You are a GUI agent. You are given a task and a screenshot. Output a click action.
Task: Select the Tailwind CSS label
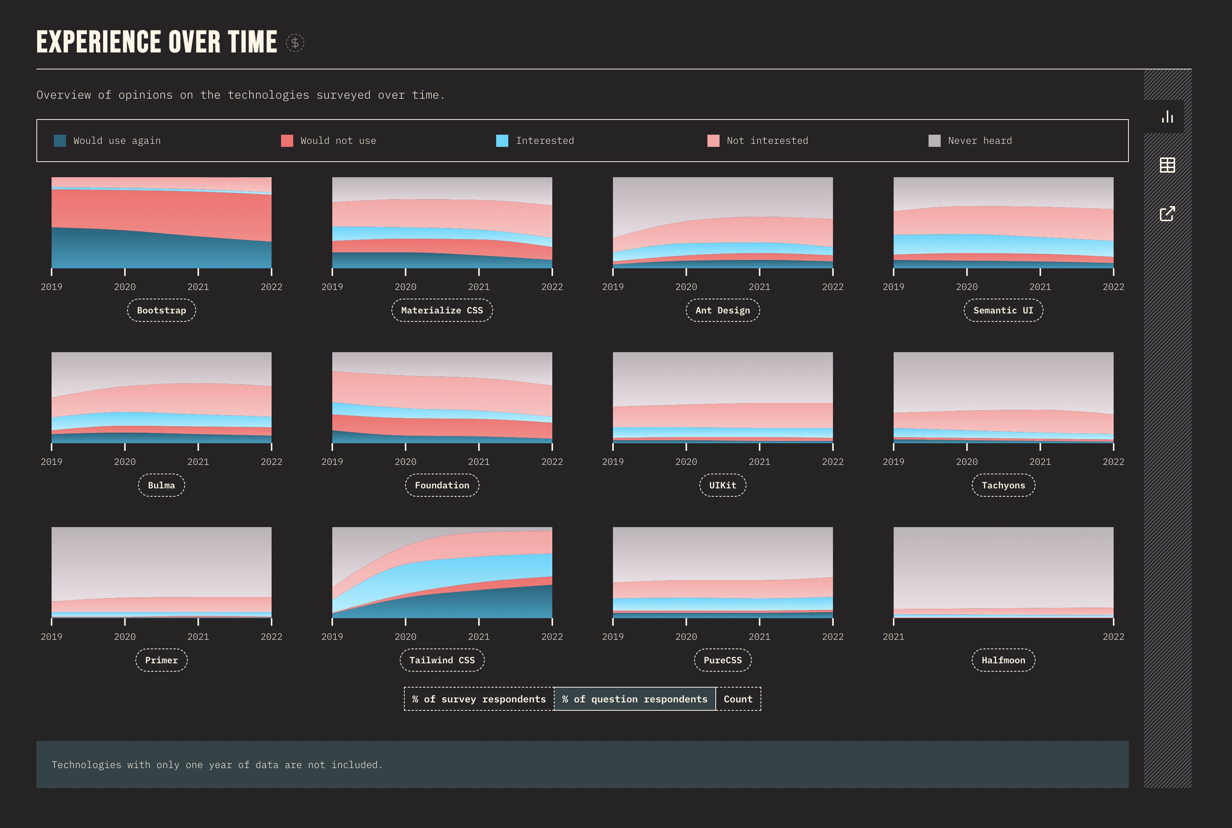point(442,660)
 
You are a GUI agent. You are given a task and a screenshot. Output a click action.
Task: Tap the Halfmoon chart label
point(1003,660)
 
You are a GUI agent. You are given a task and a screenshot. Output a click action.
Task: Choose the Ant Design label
point(722,310)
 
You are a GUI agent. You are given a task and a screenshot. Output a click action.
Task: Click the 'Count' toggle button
point(737,699)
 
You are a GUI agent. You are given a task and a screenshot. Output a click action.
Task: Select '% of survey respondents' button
point(479,699)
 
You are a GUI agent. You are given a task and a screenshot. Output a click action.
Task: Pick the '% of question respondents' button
point(635,699)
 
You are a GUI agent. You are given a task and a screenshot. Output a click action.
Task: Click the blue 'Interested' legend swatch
point(502,140)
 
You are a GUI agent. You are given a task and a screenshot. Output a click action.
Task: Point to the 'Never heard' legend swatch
point(934,140)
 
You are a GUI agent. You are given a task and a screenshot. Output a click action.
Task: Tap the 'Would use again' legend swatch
point(60,140)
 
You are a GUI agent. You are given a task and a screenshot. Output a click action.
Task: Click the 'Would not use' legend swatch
point(287,140)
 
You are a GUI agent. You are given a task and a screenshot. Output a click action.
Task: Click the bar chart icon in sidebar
point(1167,117)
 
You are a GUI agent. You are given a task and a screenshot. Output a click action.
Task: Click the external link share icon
point(1167,214)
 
